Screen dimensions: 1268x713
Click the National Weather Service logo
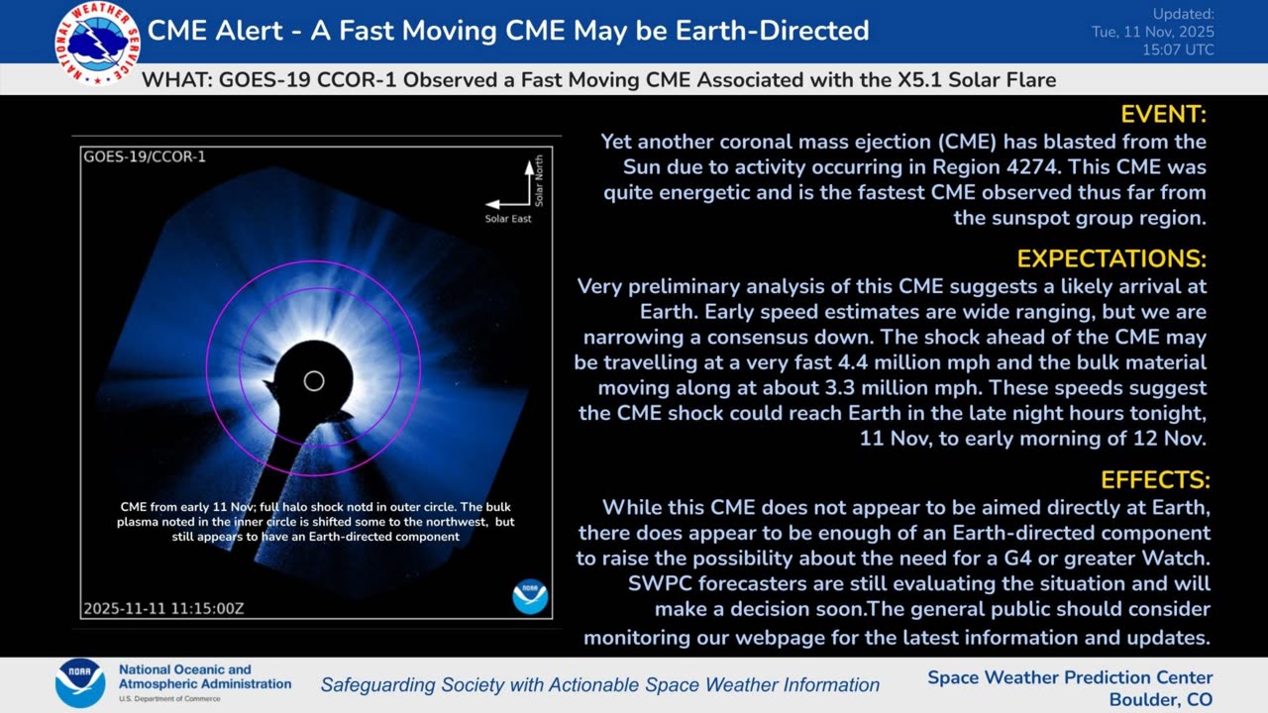97,44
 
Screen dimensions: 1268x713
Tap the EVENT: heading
1163,115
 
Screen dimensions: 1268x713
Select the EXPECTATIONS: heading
1111,259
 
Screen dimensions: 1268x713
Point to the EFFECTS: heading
1155,480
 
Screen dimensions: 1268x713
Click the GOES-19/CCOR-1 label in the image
145,156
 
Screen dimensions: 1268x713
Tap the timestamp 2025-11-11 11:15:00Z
163,609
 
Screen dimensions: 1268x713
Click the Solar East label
508,219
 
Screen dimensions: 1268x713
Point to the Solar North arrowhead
529,167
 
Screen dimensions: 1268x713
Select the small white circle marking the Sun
314,381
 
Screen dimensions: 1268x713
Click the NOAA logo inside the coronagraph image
530,596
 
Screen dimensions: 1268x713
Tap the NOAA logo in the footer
80,683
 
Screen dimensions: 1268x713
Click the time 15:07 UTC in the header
1178,51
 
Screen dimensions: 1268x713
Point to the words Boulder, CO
1160,700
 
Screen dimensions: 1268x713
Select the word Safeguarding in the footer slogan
378,685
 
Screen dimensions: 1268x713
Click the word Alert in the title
249,31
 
